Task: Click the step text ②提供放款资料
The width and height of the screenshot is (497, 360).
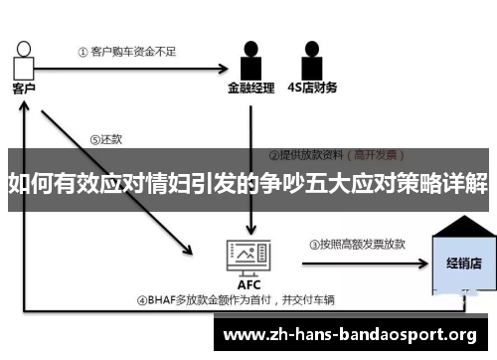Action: (309, 155)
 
